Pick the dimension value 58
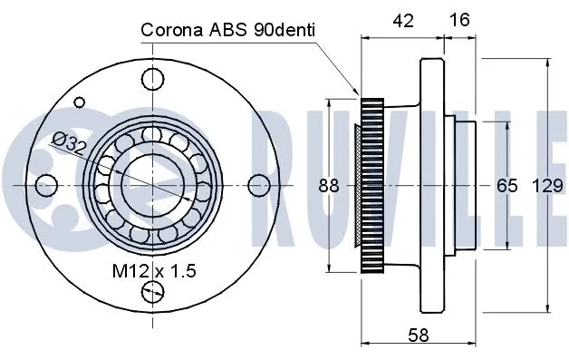point(419,336)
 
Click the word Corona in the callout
point(169,31)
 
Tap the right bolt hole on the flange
point(256,184)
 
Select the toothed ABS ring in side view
point(369,185)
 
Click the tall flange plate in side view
point(430,185)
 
